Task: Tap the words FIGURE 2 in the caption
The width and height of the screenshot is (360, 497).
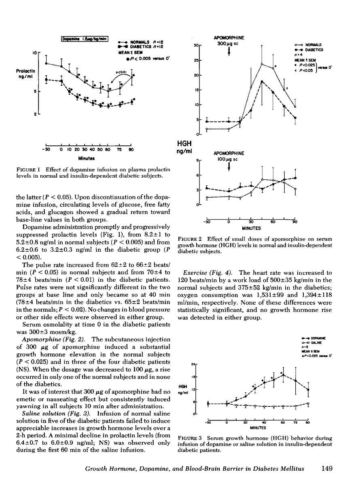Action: click(x=193, y=238)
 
